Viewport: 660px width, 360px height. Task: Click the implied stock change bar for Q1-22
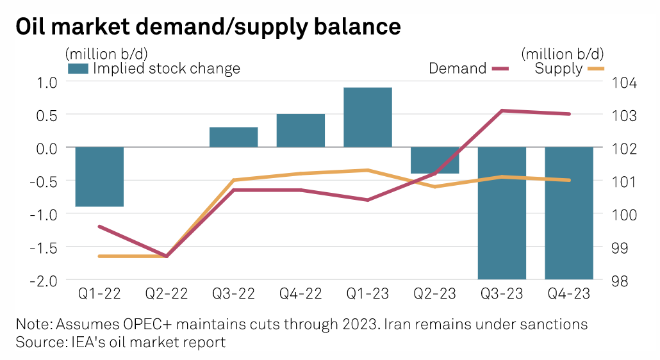[x=99, y=177]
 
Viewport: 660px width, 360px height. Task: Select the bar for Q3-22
[x=234, y=137]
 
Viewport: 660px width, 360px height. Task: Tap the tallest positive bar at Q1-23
[x=368, y=117]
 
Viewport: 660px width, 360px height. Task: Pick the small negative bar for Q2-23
[x=435, y=160]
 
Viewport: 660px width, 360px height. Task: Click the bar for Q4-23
[x=569, y=213]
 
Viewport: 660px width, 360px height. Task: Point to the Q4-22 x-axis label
[x=301, y=294]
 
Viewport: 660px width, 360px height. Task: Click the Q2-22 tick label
[x=167, y=294]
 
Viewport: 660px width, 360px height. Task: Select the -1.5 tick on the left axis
[x=44, y=247]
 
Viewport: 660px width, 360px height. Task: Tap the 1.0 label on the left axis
[x=47, y=82]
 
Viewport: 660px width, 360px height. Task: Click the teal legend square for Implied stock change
[x=78, y=69]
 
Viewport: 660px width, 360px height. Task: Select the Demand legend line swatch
[x=500, y=68]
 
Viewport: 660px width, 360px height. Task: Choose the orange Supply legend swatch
[x=595, y=68]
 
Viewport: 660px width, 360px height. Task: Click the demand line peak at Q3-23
[x=502, y=111]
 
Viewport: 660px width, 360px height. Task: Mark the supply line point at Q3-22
[x=234, y=180]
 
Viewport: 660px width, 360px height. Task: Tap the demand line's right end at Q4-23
[x=570, y=114]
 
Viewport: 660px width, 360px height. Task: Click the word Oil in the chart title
[x=35, y=27]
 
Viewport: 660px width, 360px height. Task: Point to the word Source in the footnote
[x=38, y=342]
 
